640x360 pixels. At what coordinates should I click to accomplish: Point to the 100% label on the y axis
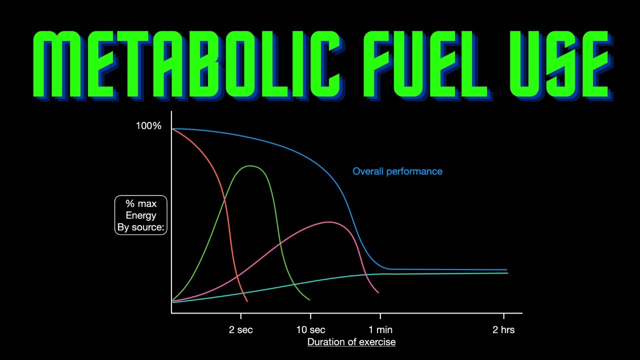click(x=148, y=126)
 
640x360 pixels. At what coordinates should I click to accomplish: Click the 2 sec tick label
click(x=241, y=330)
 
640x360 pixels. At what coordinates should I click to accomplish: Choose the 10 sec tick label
click(x=310, y=330)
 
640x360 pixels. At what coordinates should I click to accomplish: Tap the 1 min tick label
click(x=380, y=330)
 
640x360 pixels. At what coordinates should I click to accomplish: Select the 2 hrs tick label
click(x=503, y=330)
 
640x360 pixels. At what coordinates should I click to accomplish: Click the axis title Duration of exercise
click(x=351, y=342)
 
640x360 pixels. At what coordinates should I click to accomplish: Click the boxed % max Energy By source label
click(x=141, y=215)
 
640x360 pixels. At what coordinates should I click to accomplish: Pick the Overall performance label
click(x=397, y=171)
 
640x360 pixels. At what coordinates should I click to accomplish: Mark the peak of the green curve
click(x=250, y=165)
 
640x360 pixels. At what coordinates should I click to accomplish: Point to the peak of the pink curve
click(x=328, y=222)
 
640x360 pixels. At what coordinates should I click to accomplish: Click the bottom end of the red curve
click(x=247, y=301)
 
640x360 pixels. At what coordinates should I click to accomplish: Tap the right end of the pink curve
click(x=378, y=292)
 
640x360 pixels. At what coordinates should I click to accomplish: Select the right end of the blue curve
click(x=506, y=269)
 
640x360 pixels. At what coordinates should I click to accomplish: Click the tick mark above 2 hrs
click(x=503, y=316)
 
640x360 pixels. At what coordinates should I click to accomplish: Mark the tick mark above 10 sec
click(x=310, y=316)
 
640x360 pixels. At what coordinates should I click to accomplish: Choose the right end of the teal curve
click(x=507, y=273)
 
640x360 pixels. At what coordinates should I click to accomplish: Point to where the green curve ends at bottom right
click(x=309, y=300)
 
